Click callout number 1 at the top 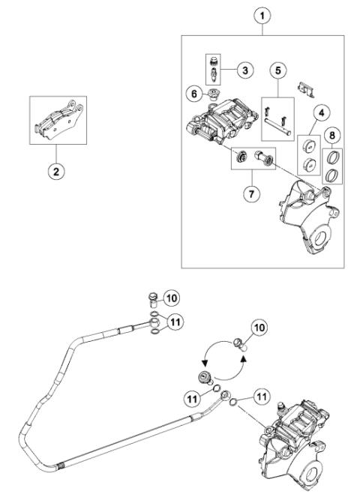(x=263, y=13)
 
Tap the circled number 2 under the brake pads (x=53, y=170)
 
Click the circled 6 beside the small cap (x=193, y=94)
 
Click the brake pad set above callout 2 (x=53, y=122)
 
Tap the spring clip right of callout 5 (x=303, y=88)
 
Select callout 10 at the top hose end (x=171, y=298)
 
